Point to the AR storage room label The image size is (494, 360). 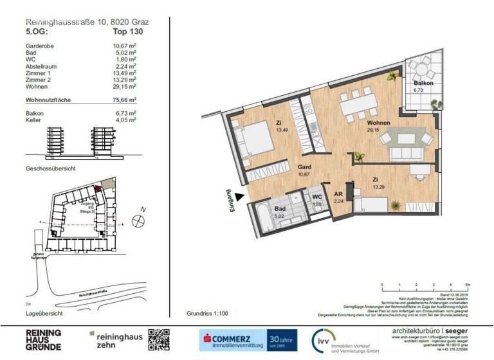click(x=337, y=194)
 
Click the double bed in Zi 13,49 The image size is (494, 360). click(x=250, y=140)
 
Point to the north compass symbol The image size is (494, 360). click(x=137, y=220)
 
